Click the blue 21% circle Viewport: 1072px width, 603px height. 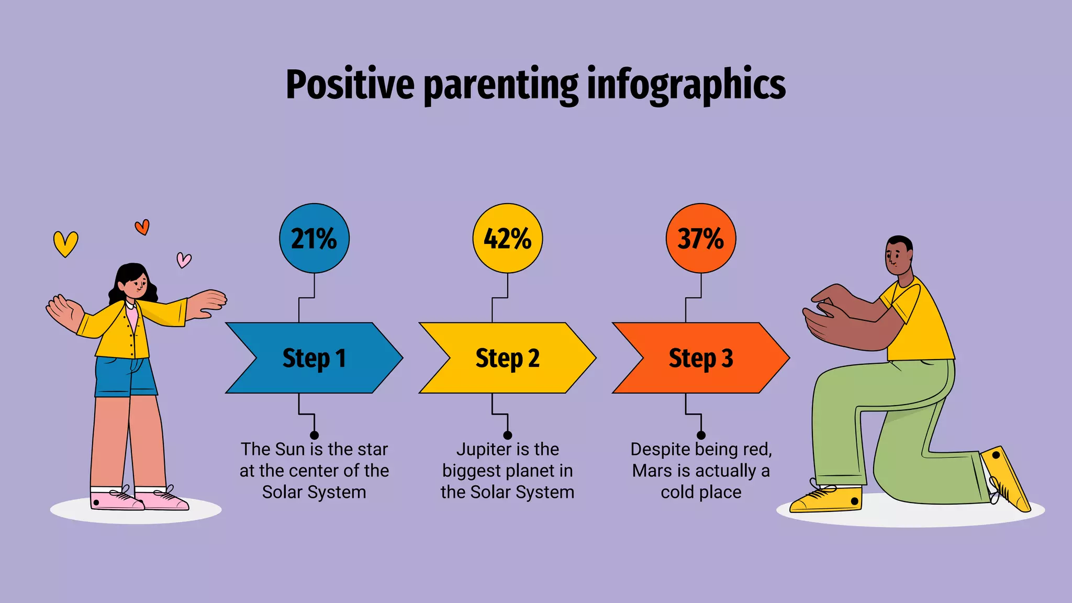[314, 238]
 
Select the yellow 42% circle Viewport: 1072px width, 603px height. [507, 238]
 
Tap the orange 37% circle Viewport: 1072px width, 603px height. [701, 238]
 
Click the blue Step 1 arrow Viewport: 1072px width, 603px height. [314, 358]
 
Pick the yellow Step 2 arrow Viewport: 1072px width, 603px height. [507, 358]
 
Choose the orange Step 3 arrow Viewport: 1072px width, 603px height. [701, 358]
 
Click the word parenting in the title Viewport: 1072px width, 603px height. [501, 85]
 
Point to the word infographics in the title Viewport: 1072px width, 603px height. [686, 85]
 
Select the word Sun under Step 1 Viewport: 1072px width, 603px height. [289, 450]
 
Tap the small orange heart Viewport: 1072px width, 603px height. [142, 227]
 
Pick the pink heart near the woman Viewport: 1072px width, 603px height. [184, 260]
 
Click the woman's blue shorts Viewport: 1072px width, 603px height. [126, 377]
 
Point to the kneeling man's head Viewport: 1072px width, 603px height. [899, 255]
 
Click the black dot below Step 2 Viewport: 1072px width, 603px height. [507, 435]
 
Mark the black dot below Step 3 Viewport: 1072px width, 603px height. [701, 435]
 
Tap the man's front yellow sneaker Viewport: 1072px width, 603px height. [827, 499]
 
